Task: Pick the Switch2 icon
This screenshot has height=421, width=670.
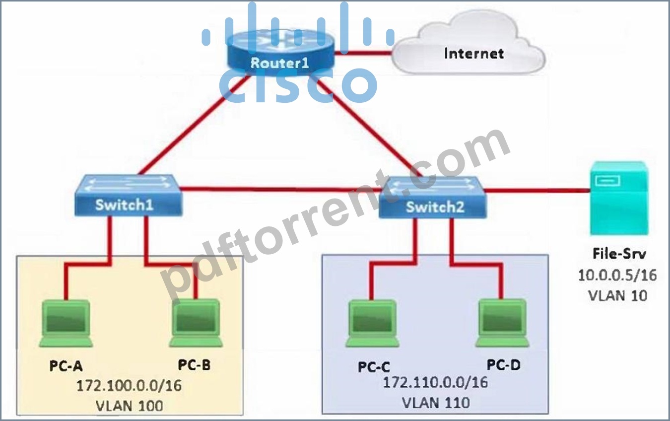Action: pyautogui.click(x=432, y=198)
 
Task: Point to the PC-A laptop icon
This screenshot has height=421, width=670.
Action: pyautogui.click(x=66, y=324)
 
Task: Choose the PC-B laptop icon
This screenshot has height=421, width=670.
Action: pyautogui.click(x=196, y=323)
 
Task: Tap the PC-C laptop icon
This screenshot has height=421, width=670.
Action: pyautogui.click(x=372, y=324)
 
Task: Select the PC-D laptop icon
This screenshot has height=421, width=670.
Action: pyautogui.click(x=502, y=323)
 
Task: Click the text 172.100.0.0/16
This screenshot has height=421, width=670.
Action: pyautogui.click(x=129, y=386)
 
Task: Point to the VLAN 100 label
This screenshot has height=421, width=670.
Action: pyautogui.click(x=129, y=406)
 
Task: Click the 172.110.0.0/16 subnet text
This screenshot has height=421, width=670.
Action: pyautogui.click(x=435, y=382)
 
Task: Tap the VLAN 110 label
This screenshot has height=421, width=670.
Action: pyautogui.click(x=436, y=403)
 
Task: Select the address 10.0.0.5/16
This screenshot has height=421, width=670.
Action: pyautogui.click(x=617, y=275)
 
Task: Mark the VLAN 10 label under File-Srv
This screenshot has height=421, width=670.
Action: pyautogui.click(x=618, y=295)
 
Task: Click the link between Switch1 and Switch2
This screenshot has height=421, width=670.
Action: pyautogui.click(x=280, y=189)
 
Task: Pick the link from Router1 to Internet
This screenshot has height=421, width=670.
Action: pyautogui.click(x=363, y=53)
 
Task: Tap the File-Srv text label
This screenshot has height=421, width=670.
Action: pyautogui.click(x=619, y=254)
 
